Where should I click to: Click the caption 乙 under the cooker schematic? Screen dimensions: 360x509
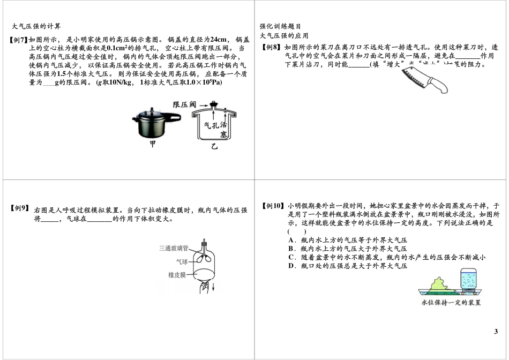click(214, 145)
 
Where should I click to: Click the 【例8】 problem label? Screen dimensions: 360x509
click(272, 47)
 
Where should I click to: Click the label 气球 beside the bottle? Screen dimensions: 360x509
click(182, 262)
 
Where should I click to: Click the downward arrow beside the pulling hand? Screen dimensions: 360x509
click(214, 288)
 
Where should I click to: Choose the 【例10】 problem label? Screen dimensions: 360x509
click(272, 206)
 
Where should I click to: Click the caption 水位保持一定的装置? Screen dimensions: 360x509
click(451, 303)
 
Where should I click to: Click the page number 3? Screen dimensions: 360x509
click(496, 332)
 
